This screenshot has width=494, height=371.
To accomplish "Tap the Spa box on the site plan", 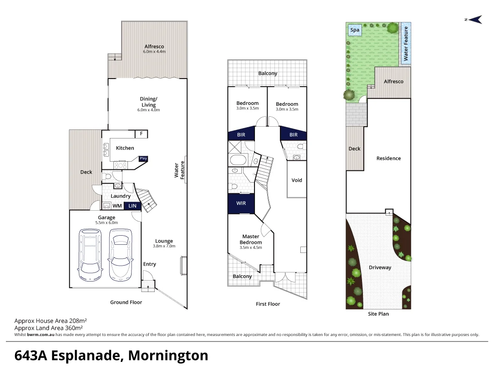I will click(355, 30).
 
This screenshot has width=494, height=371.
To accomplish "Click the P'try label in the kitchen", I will click(143, 158).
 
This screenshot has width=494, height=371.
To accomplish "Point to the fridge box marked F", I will click(142, 134).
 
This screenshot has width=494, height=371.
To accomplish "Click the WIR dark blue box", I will click(241, 203).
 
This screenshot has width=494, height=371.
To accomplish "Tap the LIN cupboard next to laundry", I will click(132, 206).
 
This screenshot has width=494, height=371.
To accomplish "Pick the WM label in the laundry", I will click(117, 206).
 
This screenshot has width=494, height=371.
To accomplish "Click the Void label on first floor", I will click(297, 180).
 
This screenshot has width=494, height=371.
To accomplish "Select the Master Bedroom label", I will click(251, 239).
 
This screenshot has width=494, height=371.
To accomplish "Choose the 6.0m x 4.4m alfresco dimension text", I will click(154, 52).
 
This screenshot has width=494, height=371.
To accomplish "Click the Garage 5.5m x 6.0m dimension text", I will click(107, 223).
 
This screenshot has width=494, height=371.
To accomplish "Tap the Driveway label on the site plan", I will click(380, 267).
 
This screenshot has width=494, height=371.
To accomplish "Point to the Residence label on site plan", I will click(389, 158).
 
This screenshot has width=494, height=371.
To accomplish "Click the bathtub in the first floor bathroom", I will click(238, 160).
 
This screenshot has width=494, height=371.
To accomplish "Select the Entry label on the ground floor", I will click(150, 264).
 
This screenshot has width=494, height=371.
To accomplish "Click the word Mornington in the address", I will click(168, 355).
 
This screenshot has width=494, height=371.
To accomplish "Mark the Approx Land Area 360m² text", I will click(49, 327).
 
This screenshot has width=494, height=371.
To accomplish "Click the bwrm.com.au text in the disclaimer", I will click(41, 335).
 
